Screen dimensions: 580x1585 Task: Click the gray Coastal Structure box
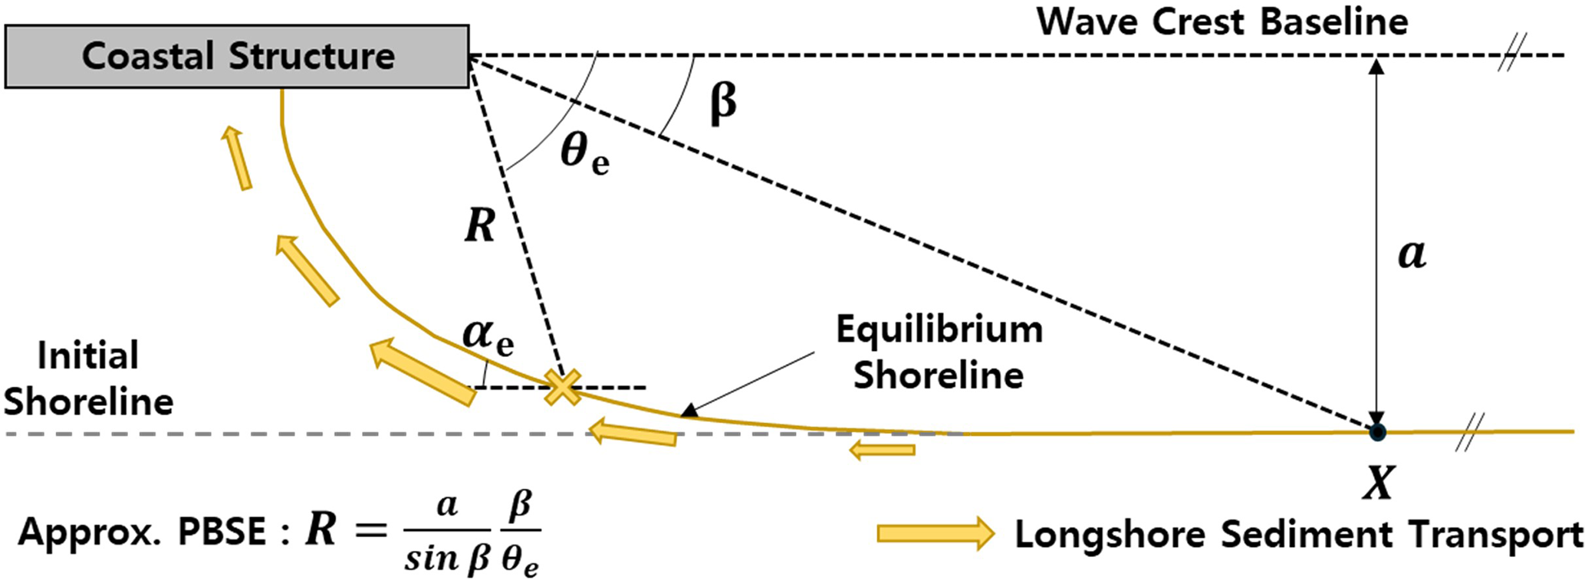coord(237,57)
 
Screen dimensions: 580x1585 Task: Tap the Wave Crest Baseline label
coord(1222,21)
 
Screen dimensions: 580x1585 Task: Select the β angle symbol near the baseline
coord(723,103)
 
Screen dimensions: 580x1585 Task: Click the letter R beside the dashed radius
coord(480,226)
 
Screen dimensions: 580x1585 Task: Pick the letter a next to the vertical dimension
coord(1412,254)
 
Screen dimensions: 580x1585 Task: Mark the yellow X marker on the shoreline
coord(562,388)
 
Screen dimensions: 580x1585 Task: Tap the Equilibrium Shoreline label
coord(939,352)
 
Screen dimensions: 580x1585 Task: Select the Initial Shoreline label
coord(88,378)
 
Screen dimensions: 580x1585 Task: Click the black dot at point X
coord(1377,433)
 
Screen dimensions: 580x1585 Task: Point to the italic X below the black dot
coord(1378,483)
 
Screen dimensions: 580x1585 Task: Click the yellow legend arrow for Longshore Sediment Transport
coord(936,533)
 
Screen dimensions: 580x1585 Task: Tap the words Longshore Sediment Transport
coord(1299,534)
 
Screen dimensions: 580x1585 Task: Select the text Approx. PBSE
coord(142,532)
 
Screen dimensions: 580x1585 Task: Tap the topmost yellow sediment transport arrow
coord(236,158)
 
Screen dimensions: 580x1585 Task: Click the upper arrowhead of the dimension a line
coord(1377,67)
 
